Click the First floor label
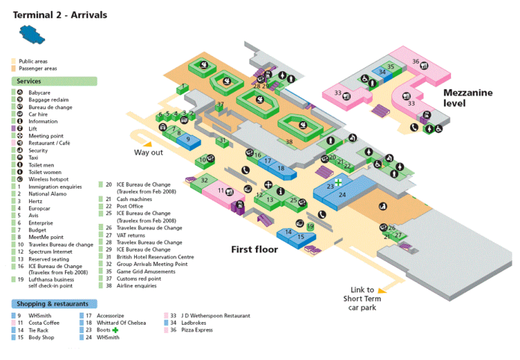[x=255, y=249]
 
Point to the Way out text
[x=148, y=152]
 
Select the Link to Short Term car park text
[x=362, y=298]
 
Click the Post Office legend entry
[x=131, y=206]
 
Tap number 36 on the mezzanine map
[x=416, y=62]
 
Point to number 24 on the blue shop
[x=343, y=195]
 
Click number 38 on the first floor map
[x=289, y=141]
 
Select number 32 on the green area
[x=204, y=180]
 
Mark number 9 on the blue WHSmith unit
[x=189, y=139]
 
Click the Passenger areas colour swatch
[x=14, y=68]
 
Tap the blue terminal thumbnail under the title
[x=30, y=32]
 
